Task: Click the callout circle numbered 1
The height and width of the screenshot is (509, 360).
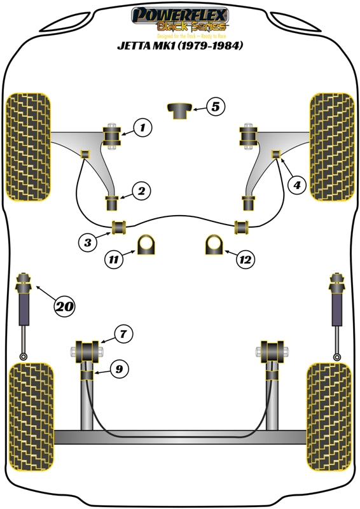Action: (142, 128)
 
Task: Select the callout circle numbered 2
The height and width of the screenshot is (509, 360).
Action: (141, 190)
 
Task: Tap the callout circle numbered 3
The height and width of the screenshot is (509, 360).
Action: (88, 241)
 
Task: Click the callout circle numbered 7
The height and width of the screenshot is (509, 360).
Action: (123, 333)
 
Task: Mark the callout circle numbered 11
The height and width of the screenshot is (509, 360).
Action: (114, 259)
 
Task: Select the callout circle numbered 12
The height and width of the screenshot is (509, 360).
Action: (244, 259)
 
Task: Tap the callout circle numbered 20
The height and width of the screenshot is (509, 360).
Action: (64, 307)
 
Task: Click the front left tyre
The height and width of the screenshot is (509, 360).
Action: (27, 146)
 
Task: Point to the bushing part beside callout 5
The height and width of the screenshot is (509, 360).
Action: (179, 110)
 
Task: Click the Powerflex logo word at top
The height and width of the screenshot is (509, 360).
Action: (180, 13)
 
